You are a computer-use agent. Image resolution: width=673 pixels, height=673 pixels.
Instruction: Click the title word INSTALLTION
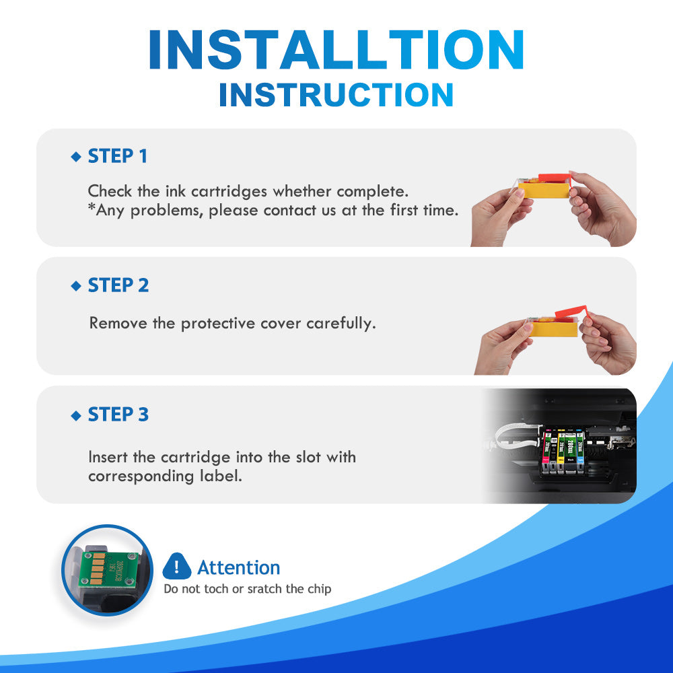click(x=336, y=50)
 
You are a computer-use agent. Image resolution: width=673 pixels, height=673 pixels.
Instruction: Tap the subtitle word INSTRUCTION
click(x=336, y=95)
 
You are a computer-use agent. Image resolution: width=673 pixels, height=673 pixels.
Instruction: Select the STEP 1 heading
click(x=118, y=156)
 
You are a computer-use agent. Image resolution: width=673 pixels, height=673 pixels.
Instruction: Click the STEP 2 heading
click(x=118, y=285)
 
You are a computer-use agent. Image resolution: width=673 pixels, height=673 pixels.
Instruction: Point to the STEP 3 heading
click(x=118, y=415)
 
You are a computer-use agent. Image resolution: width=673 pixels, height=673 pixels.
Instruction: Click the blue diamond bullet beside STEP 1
click(x=76, y=157)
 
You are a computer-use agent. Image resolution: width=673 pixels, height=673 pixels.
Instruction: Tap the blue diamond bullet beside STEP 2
click(x=76, y=286)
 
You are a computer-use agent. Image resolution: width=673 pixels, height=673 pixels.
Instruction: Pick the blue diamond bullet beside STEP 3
click(x=76, y=415)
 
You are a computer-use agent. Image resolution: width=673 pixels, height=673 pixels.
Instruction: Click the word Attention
click(x=239, y=567)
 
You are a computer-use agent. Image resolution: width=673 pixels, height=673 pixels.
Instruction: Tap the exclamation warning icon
click(x=177, y=567)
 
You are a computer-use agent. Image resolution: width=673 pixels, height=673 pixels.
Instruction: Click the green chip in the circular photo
click(x=109, y=569)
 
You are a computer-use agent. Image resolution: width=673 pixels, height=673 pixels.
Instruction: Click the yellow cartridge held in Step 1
click(x=544, y=190)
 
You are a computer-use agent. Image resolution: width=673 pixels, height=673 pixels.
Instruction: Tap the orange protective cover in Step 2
click(x=571, y=312)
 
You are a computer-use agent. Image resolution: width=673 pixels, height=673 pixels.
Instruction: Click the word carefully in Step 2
click(x=341, y=324)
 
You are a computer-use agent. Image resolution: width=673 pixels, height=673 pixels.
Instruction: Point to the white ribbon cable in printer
click(x=515, y=435)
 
